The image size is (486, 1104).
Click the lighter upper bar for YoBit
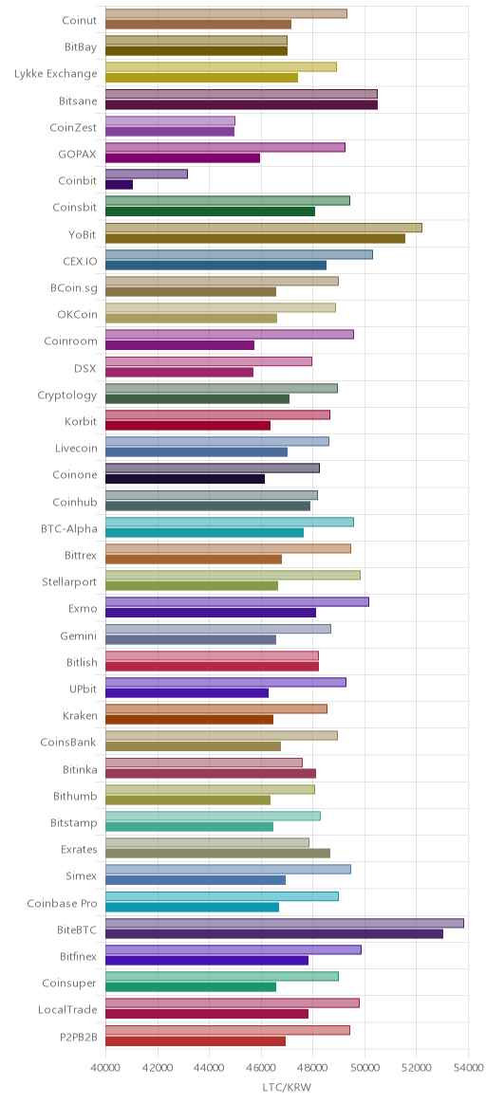(x=264, y=228)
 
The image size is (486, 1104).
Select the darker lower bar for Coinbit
(x=119, y=184)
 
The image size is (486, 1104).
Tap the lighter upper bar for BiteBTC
(x=285, y=923)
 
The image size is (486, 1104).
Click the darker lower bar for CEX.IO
(x=216, y=265)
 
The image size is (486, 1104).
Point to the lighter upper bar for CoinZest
(x=171, y=120)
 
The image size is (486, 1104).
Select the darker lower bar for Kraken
(x=190, y=720)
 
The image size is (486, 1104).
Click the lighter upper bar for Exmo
(x=237, y=602)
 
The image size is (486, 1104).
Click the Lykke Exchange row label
(x=56, y=73)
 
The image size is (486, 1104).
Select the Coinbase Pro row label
(x=62, y=903)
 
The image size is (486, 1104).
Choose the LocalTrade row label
(x=67, y=1010)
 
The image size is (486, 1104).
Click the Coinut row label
(x=80, y=20)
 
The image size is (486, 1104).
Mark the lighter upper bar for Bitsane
(x=242, y=94)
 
